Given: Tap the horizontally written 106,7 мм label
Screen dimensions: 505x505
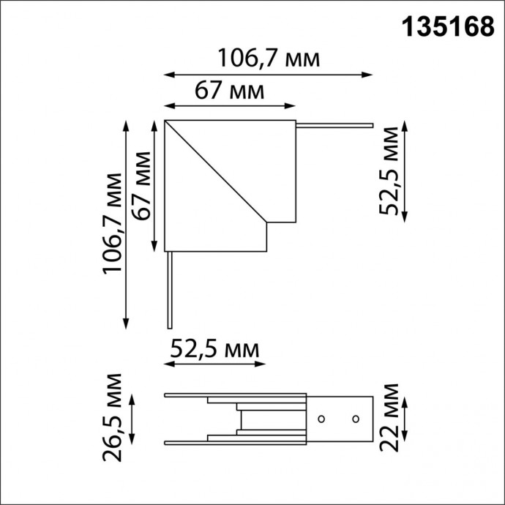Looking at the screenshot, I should click(269, 58).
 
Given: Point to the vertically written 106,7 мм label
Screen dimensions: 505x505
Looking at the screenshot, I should click(112, 223).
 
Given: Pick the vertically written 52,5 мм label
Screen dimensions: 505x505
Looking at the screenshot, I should click(390, 171).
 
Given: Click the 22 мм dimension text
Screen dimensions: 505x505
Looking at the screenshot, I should click(390, 418).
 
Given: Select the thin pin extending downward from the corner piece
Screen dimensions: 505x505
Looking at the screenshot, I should click(169, 290).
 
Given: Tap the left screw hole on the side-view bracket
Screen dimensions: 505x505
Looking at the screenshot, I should click(320, 419).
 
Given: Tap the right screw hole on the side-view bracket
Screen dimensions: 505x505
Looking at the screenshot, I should click(355, 419).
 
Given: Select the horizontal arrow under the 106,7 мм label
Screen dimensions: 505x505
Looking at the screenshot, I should click(268, 74).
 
